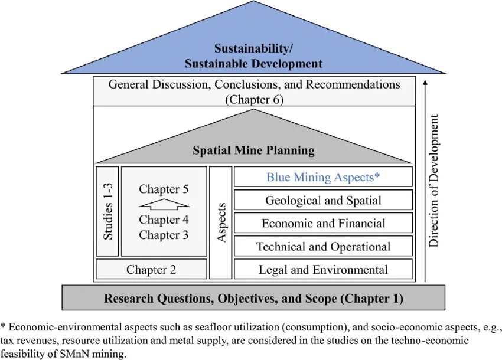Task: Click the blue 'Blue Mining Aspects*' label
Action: coord(323,176)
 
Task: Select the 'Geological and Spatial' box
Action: coord(323,200)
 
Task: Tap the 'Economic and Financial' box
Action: coord(323,224)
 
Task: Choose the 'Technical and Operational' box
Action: coord(323,247)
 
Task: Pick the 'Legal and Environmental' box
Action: coord(323,270)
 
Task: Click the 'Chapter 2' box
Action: coord(151,270)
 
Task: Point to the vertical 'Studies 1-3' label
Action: coord(108,211)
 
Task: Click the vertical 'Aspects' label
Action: coord(221,223)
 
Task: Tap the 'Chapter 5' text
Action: coord(164,189)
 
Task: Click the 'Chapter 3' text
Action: coord(164,235)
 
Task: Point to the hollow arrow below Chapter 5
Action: coord(164,205)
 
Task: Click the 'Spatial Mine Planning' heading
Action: coord(253,150)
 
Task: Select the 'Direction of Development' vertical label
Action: coord(435,181)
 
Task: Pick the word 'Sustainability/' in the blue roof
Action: coord(253,48)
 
